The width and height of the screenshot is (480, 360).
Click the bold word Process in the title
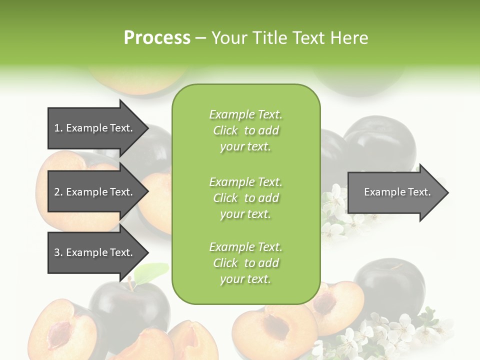click(157, 38)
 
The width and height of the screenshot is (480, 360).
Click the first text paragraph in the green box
click(245, 130)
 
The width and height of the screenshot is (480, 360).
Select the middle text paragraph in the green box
click(245, 198)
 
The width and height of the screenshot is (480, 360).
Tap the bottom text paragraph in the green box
click(245, 263)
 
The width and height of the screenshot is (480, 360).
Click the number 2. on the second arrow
click(58, 192)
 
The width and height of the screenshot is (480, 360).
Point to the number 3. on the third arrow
click(58, 252)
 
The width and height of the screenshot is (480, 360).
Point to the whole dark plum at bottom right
click(382, 280)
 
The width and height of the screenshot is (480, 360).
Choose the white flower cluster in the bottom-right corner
click(395, 332)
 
